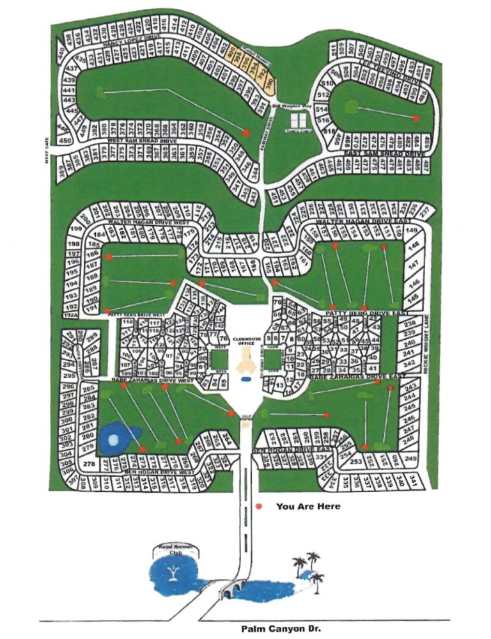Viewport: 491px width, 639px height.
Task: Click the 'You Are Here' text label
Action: coord(308,507)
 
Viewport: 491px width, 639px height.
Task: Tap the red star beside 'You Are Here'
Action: coord(258,507)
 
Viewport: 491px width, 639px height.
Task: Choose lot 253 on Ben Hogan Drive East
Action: coord(356,461)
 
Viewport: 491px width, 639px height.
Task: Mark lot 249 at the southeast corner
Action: coord(410,459)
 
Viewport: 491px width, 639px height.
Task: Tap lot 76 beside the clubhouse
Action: coord(223,338)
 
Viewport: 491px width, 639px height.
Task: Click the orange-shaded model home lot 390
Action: coord(270,82)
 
